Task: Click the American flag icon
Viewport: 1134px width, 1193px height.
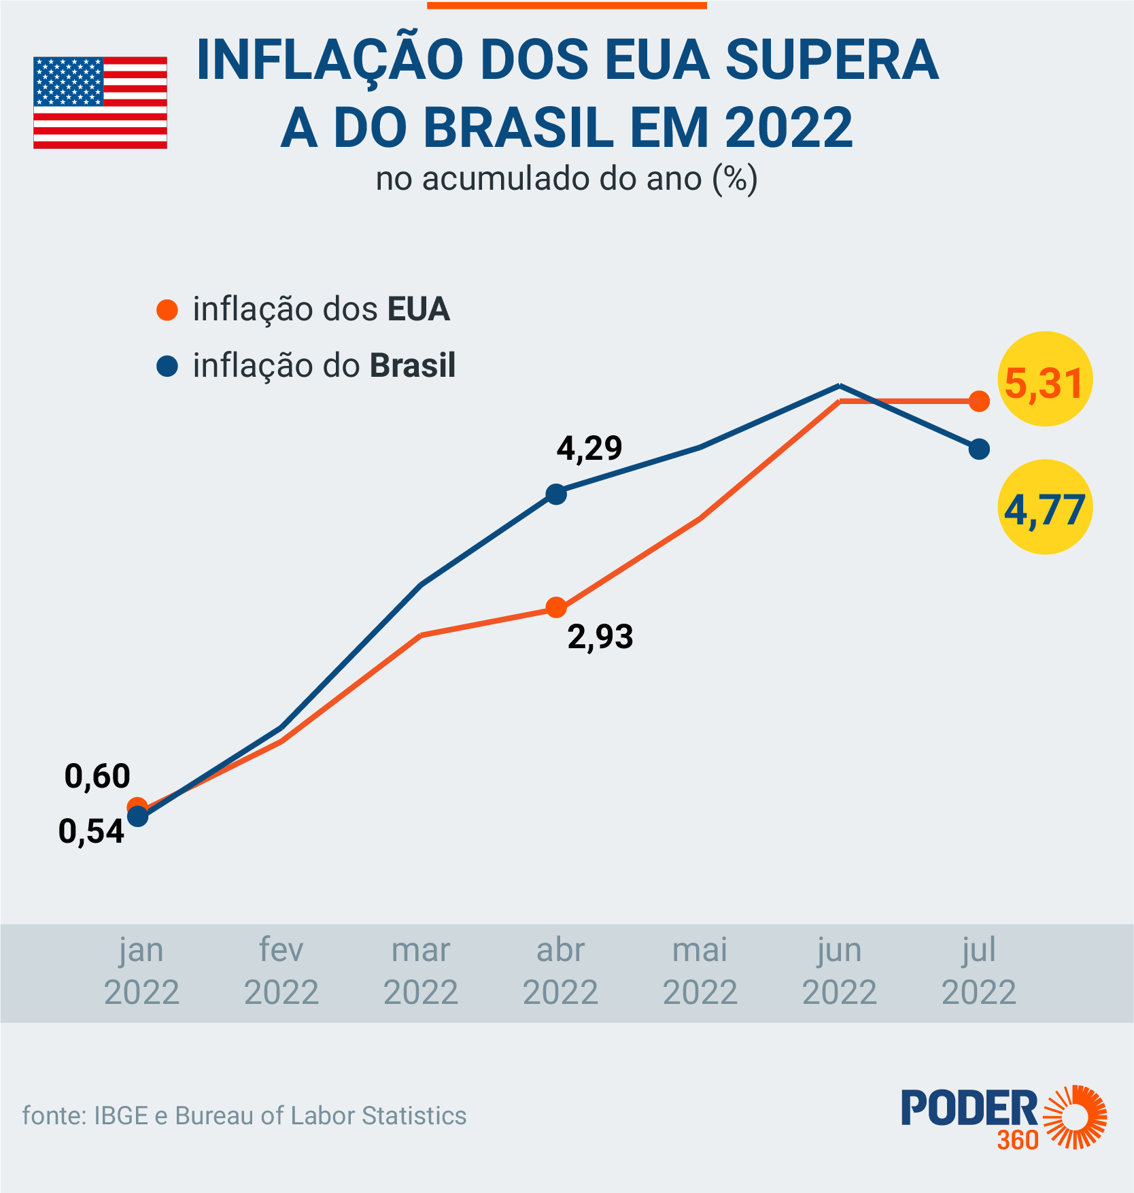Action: pyautogui.click(x=100, y=103)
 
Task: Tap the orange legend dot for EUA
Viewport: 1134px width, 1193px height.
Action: pyautogui.click(x=167, y=310)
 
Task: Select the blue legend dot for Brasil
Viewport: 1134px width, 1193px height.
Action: pyautogui.click(x=167, y=367)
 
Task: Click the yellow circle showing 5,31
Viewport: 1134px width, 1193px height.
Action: pyautogui.click(x=1044, y=379)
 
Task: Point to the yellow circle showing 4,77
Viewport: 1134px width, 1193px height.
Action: pyautogui.click(x=1044, y=507)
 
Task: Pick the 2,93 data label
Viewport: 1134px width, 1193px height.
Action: pyautogui.click(x=600, y=637)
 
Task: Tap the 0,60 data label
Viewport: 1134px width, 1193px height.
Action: pyautogui.click(x=97, y=776)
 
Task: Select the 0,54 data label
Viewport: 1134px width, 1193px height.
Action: pyautogui.click(x=91, y=832)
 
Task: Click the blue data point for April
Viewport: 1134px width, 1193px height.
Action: pyautogui.click(x=556, y=494)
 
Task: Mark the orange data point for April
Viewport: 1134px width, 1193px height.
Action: pyautogui.click(x=556, y=607)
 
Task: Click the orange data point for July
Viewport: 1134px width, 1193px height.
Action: pyautogui.click(x=979, y=401)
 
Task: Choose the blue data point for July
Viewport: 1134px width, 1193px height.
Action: pyautogui.click(x=979, y=449)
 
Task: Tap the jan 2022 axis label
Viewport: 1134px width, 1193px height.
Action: pyautogui.click(x=141, y=971)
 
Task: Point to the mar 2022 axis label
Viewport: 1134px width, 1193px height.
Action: pyautogui.click(x=421, y=971)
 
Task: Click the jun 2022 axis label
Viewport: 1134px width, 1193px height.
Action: pyautogui.click(x=840, y=971)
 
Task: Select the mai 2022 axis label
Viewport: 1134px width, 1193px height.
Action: pyautogui.click(x=700, y=971)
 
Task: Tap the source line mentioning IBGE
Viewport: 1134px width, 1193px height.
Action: pyautogui.click(x=244, y=1116)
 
